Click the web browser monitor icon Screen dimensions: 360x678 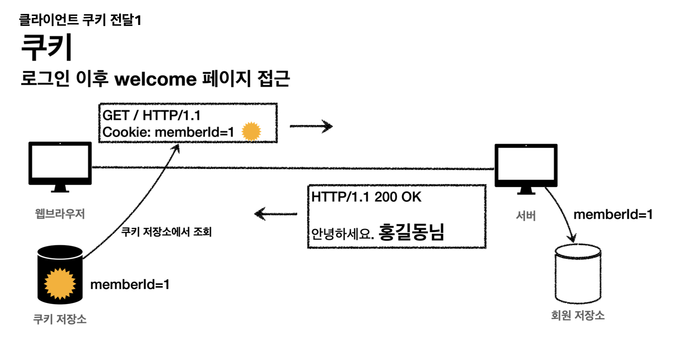coord(60,165)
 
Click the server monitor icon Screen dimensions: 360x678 coord(526,168)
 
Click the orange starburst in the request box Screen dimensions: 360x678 coord(251,132)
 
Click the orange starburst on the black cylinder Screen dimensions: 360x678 coord(60,283)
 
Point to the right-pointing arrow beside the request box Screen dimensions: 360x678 coord(311,126)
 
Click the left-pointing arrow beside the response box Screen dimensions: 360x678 coord(276,214)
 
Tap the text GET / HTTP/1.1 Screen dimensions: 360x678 coord(151,115)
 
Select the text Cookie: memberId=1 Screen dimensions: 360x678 coord(168,132)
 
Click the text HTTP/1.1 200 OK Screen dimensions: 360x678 coord(366,197)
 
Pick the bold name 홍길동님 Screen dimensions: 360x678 coord(411,232)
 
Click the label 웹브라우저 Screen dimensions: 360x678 coord(60,214)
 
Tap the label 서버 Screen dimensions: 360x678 coord(526,216)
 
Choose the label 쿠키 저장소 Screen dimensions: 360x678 coord(60,319)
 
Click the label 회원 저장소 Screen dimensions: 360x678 coord(578,315)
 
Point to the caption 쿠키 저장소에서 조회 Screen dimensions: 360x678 coord(166,232)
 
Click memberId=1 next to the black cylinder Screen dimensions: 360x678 coord(130,284)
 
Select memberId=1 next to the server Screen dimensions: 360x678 coord(613,214)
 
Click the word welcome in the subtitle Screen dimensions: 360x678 coord(155,79)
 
